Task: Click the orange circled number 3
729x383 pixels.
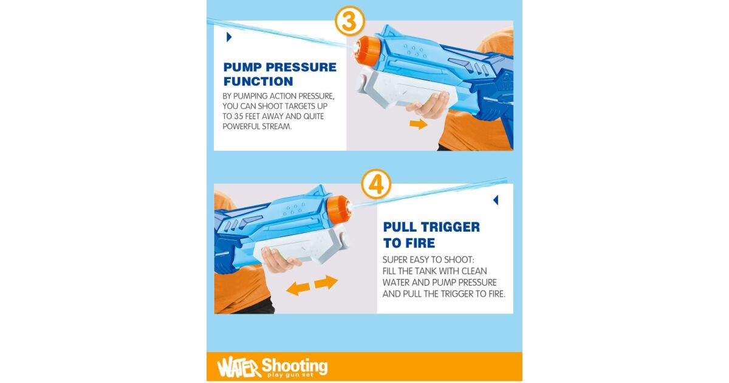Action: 349,21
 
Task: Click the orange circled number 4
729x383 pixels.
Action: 376,184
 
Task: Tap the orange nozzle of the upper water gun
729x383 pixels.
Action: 368,50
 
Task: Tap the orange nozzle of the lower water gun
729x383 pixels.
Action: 339,209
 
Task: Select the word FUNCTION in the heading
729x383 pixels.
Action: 258,81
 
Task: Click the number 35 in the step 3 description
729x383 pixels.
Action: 239,116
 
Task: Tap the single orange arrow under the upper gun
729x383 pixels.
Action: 419,124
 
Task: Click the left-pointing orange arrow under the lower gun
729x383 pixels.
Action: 298,289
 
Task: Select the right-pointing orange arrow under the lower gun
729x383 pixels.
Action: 326,282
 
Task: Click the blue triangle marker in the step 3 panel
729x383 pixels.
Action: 229,37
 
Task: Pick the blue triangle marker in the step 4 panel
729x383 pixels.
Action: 496,200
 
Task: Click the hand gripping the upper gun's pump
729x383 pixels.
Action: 428,105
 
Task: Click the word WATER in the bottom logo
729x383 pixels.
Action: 239,367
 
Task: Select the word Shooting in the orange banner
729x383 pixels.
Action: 295,366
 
